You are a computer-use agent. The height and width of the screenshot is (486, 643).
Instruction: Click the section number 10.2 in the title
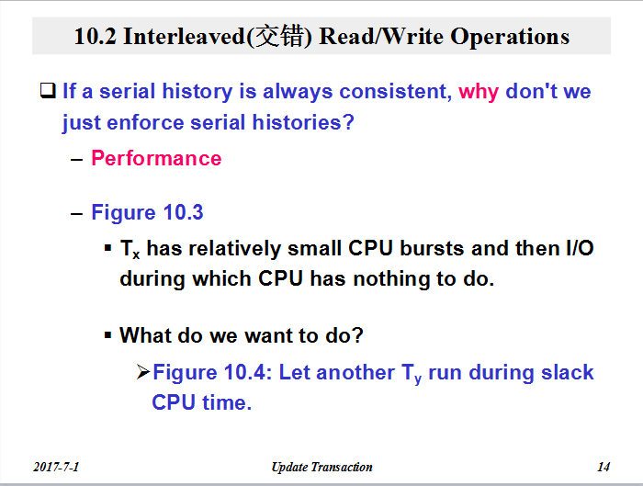[x=96, y=36]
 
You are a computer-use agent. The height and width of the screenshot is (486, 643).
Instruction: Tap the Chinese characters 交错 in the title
[x=279, y=37]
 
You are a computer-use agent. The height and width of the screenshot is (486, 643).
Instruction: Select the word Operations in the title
[x=510, y=37]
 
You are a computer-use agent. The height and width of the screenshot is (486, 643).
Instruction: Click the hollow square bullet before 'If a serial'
[x=48, y=91]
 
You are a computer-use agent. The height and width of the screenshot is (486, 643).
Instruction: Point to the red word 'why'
[x=479, y=92]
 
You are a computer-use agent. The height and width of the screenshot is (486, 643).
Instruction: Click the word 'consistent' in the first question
[x=395, y=91]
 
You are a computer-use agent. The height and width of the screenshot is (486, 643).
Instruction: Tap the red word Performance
[x=156, y=158]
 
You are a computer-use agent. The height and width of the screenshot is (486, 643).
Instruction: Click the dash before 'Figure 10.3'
[x=76, y=213]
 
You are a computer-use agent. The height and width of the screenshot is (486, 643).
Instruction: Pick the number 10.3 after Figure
[x=183, y=212]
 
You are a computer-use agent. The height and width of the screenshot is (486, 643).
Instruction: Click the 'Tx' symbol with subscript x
[x=130, y=249]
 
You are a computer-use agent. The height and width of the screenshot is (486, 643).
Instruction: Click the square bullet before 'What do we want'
[x=107, y=335]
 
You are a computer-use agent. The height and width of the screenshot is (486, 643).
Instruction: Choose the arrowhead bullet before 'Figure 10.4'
[x=143, y=372]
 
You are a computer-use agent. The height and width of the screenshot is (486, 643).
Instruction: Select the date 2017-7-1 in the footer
[x=56, y=467]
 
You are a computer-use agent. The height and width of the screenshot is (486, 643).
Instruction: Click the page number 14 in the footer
[x=604, y=467]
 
